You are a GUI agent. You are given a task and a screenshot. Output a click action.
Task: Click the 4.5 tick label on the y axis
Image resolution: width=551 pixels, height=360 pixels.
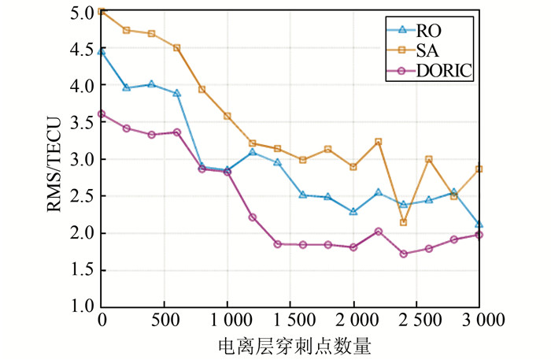point(81,48)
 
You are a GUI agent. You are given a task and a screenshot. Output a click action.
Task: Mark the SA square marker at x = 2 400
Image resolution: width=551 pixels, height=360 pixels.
point(404,222)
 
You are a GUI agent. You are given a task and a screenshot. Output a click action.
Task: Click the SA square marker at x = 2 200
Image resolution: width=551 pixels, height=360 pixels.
point(379,142)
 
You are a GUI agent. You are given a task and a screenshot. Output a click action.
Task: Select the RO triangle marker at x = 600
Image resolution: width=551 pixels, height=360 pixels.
point(176,93)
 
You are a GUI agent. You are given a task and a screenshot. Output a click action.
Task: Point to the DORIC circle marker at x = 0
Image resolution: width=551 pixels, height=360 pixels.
point(102,113)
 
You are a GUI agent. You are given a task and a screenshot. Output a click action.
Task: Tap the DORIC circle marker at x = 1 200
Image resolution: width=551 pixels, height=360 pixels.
point(252,217)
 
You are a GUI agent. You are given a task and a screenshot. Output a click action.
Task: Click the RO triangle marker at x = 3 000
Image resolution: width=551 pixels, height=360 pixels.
point(479,225)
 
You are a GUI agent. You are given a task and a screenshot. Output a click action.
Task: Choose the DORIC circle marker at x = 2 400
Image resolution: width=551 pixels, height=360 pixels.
point(404,254)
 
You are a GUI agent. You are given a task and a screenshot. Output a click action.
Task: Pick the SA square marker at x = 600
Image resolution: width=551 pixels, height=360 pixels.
point(176,47)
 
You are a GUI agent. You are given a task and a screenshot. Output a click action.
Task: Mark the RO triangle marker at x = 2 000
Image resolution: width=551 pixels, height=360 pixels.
point(353,212)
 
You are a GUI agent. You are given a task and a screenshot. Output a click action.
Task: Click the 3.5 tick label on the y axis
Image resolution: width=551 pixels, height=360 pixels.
point(81,122)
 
